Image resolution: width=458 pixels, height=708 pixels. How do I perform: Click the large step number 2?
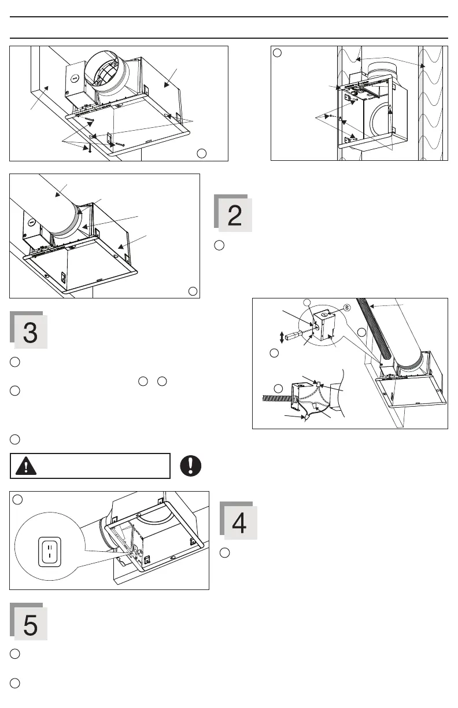point(234,215)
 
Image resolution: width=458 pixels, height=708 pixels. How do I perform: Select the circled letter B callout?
point(346,307)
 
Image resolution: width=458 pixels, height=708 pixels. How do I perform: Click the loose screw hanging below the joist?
point(90,147)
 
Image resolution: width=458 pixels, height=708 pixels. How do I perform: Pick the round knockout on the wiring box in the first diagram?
point(73,77)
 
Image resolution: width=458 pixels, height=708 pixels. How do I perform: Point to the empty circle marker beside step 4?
point(225,553)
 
